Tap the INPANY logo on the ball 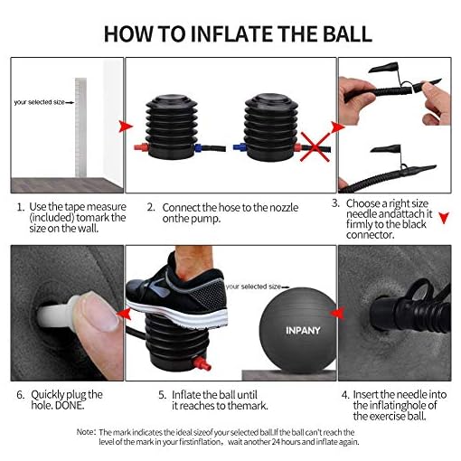coord(303,331)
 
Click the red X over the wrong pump coord(315,147)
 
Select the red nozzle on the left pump coord(141,147)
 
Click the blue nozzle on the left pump coord(198,148)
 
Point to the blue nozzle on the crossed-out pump coord(240,147)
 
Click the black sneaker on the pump coord(176,296)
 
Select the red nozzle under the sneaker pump coord(202,363)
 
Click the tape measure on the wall coord(80,127)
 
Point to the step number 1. coord(21,208)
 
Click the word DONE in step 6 coord(69,406)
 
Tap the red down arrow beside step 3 coord(444,218)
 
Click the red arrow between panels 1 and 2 coord(126,126)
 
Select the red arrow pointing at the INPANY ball coord(337,313)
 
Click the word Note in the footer coord(85,432)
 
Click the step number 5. coord(162,395)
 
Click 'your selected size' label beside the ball coord(253,287)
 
